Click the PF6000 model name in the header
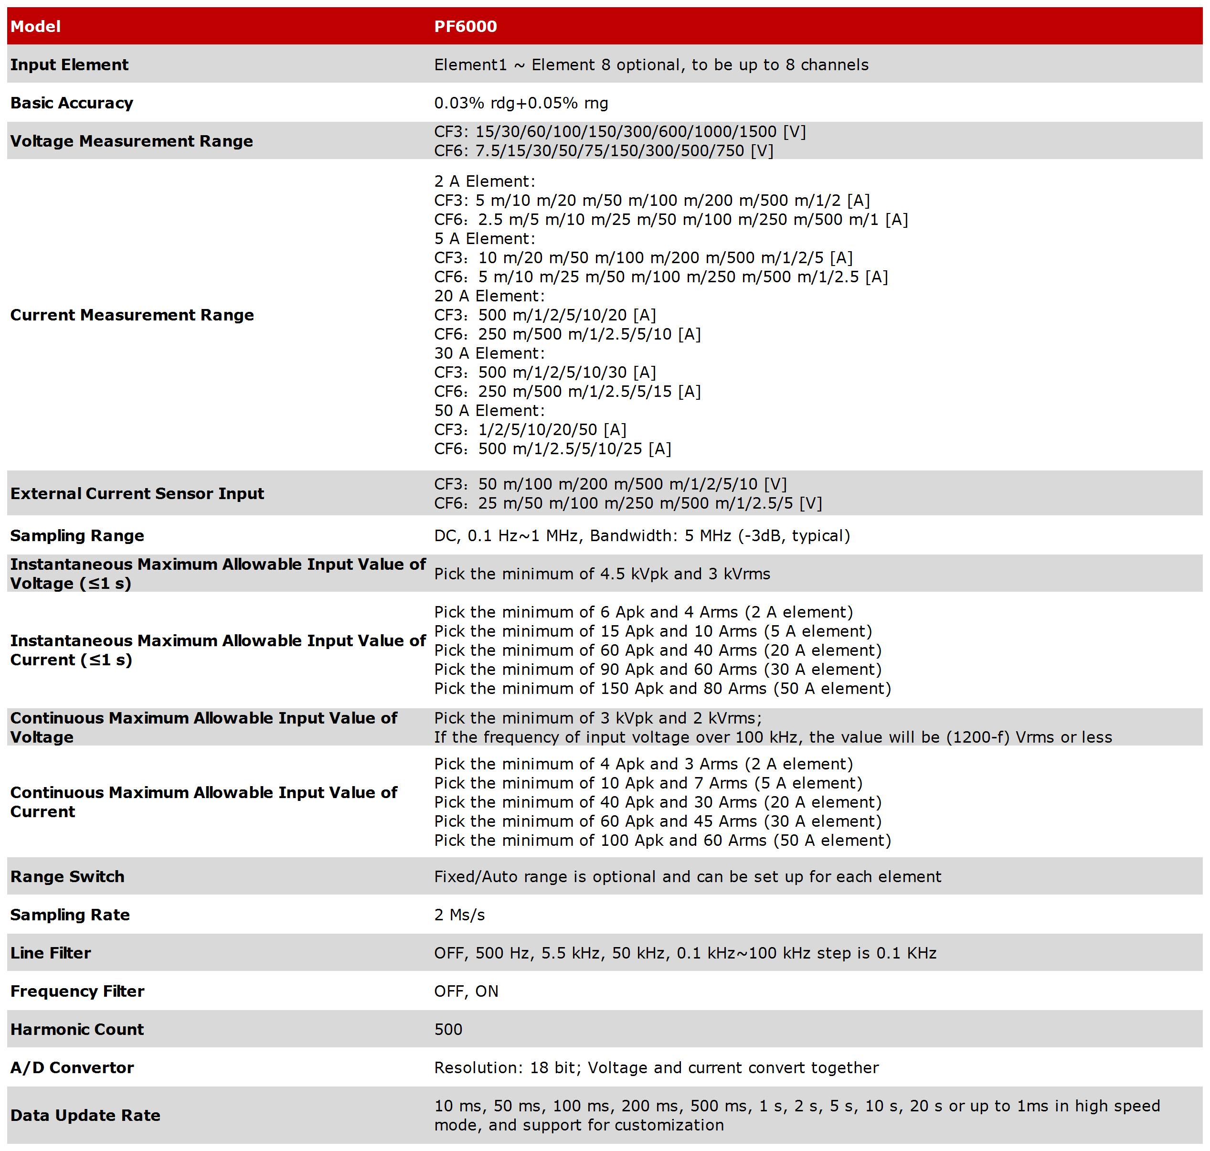[465, 26]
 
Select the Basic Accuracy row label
[71, 103]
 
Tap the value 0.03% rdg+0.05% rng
[520, 103]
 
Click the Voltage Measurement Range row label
[131, 141]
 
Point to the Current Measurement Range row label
[132, 315]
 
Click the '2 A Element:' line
[485, 181]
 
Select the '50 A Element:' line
[489, 410]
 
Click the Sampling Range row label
[77, 535]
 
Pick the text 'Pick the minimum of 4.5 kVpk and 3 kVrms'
[602, 574]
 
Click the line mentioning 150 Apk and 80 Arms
[662, 688]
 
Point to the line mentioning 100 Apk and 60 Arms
[662, 840]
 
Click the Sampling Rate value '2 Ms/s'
[459, 915]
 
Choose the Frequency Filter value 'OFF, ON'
[466, 991]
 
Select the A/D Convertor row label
[72, 1067]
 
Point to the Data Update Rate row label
[85, 1115]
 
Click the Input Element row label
[69, 65]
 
